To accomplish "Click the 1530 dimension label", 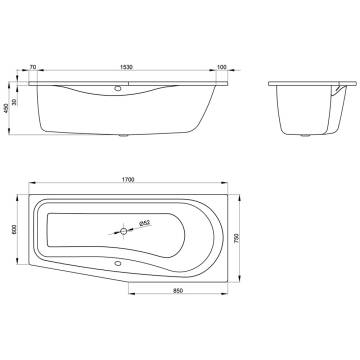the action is [x=126, y=67].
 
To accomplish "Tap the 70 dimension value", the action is [x=33, y=67].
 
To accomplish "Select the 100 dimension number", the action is [x=222, y=67].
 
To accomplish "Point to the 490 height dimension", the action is [x=6, y=108].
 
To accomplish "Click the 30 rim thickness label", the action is [x=14, y=101].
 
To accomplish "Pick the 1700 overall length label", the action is [x=128, y=180].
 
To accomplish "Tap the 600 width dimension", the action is [x=14, y=229].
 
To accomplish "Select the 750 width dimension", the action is [x=237, y=238].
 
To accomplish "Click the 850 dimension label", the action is [x=178, y=291].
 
